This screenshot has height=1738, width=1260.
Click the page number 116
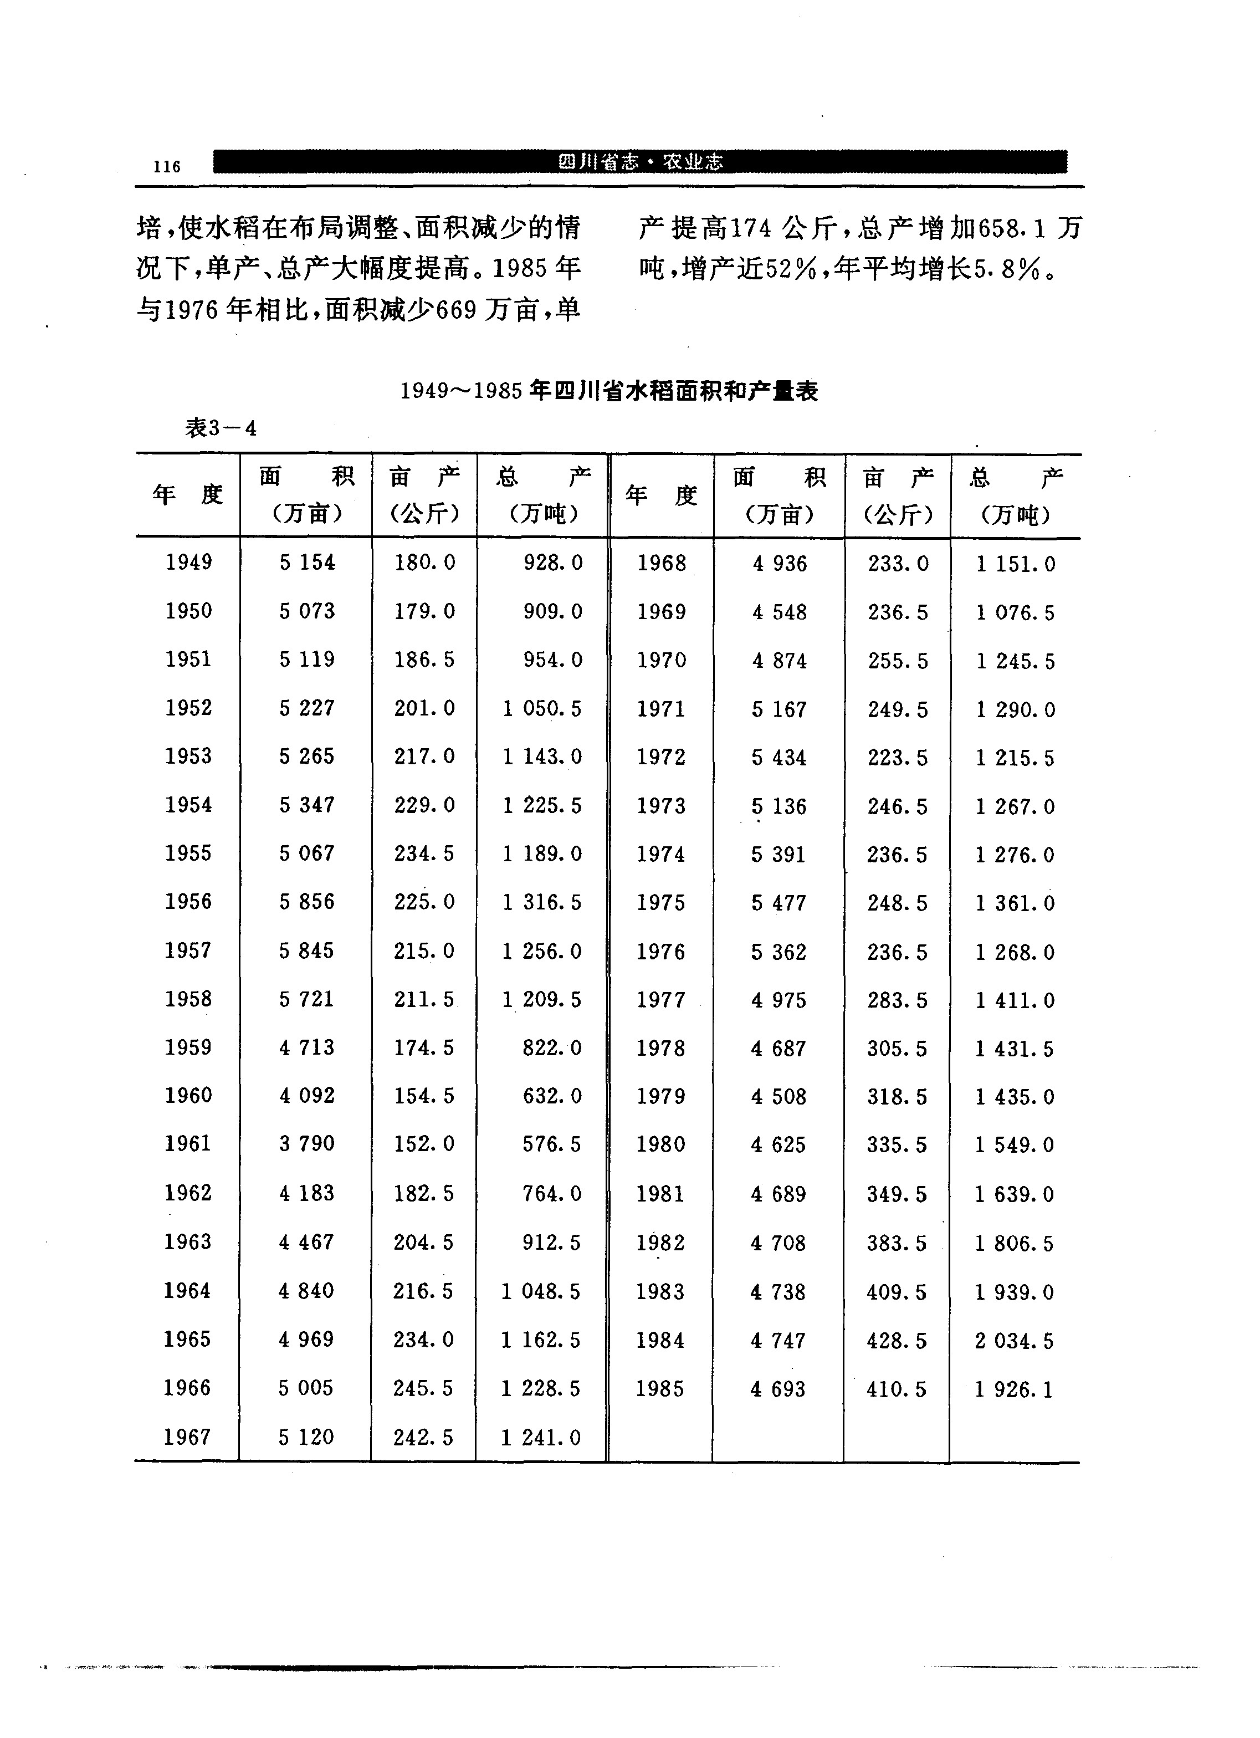tap(166, 166)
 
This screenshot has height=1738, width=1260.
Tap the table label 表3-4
tap(221, 428)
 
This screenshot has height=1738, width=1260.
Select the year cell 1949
tap(188, 563)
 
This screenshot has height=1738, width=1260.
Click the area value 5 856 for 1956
tap(306, 902)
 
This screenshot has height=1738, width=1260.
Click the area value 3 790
tap(306, 1144)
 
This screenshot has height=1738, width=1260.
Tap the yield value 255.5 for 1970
tap(898, 661)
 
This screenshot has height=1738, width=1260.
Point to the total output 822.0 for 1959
tap(551, 1047)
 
